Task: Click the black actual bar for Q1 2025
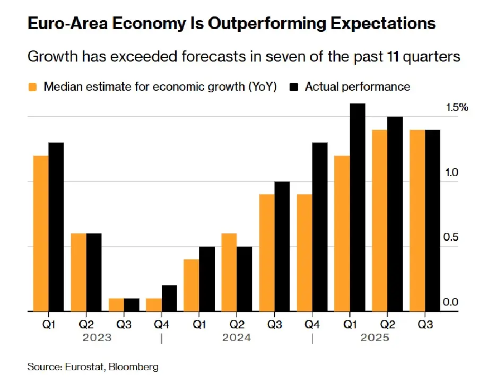pos(358,207)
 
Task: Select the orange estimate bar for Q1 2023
pos(41,233)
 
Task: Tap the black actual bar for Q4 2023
pos(169,298)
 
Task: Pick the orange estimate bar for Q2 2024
pos(229,272)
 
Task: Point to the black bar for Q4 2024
pos(320,227)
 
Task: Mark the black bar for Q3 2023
pos(132,305)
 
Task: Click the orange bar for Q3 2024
pos(267,253)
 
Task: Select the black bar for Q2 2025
pos(395,214)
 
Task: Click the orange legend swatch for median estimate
pos(33,87)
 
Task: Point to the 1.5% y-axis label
pos(457,108)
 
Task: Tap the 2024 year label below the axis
pos(236,338)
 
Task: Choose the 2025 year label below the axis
pos(376,338)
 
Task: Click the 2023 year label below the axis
pos(97,338)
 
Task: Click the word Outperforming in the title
pos(262,24)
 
